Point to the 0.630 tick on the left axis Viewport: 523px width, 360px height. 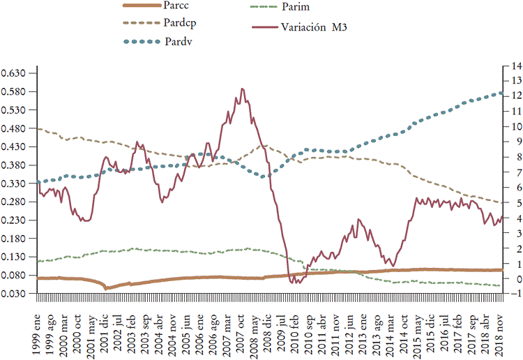click(x=13, y=73)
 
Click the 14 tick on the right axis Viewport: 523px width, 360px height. click(x=508, y=66)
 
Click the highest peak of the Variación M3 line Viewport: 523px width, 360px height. click(x=242, y=89)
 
